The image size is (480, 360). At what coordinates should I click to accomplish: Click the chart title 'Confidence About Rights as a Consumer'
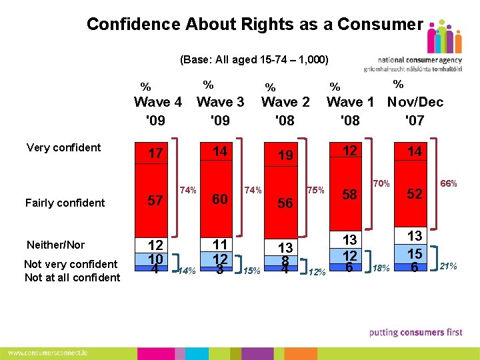click(254, 25)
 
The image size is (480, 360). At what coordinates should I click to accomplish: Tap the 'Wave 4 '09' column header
click(157, 111)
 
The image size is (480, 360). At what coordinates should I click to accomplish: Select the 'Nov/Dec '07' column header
click(415, 111)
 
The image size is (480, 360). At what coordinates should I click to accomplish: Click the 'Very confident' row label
click(63, 147)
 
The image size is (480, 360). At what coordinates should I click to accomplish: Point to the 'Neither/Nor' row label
click(56, 245)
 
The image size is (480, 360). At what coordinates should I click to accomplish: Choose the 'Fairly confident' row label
click(65, 203)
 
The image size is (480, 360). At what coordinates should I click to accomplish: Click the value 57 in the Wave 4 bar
click(155, 200)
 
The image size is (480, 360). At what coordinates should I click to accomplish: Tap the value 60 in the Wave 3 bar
click(220, 199)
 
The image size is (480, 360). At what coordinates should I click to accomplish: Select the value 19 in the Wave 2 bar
click(285, 156)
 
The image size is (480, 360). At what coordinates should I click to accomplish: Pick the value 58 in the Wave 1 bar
click(350, 195)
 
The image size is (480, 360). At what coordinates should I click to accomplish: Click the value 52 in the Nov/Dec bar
click(415, 194)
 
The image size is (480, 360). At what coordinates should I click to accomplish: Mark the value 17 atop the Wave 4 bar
click(155, 154)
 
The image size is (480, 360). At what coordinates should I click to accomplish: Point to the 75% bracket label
click(315, 190)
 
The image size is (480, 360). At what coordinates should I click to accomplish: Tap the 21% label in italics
click(448, 266)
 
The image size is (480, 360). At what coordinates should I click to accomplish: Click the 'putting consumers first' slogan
click(416, 332)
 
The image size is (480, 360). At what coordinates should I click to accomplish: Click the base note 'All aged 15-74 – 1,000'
click(254, 59)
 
